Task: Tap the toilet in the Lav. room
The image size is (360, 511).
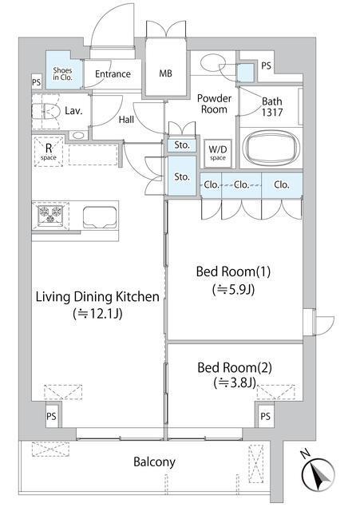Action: tap(46, 112)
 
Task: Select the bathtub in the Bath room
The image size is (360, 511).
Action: tap(272, 147)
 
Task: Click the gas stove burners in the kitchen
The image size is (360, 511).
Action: tap(50, 215)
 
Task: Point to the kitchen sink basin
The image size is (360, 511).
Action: tap(100, 217)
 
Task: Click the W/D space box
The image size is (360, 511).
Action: tap(218, 153)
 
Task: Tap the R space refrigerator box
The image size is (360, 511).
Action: tap(49, 152)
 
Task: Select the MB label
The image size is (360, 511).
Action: tap(165, 73)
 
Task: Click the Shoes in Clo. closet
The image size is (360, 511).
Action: tap(63, 70)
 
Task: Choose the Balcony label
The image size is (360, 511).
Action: tap(154, 461)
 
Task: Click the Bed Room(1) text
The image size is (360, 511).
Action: tap(233, 271)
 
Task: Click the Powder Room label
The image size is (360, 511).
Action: tap(214, 104)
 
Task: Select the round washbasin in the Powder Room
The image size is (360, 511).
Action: tap(213, 62)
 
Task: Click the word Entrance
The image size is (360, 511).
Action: tap(113, 74)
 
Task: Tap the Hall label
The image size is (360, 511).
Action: tap(126, 120)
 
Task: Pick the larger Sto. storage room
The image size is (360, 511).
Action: tap(182, 176)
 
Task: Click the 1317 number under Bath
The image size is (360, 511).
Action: tap(272, 113)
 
